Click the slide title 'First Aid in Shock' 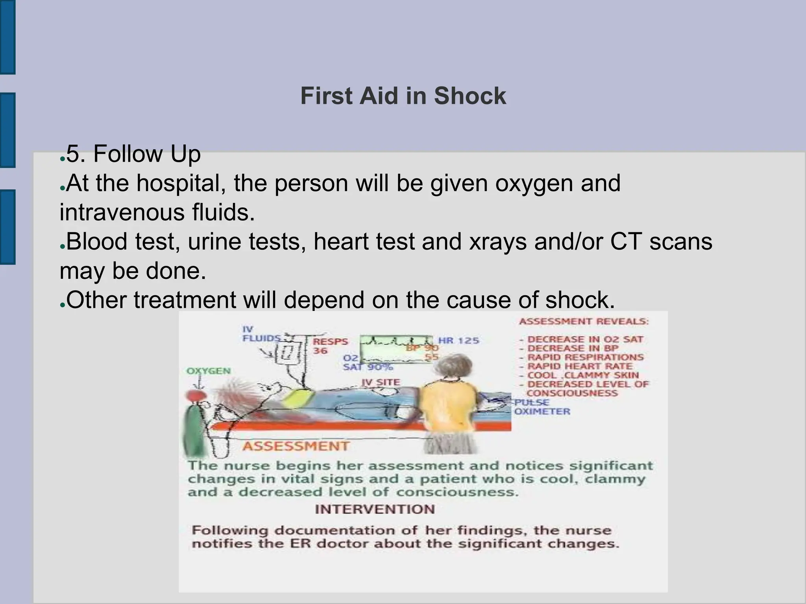(403, 96)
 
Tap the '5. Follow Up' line (133, 154)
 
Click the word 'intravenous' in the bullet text (122, 213)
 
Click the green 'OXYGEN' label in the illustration (208, 371)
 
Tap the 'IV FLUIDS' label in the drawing (260, 334)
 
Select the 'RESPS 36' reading (330, 346)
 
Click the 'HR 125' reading (458, 341)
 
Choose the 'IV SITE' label (381, 382)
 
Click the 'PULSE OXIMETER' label (542, 407)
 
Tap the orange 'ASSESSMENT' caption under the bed (296, 446)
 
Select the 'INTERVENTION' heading (375, 509)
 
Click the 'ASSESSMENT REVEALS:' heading (584, 322)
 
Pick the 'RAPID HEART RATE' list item (580, 366)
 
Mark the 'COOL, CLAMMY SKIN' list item (583, 376)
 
